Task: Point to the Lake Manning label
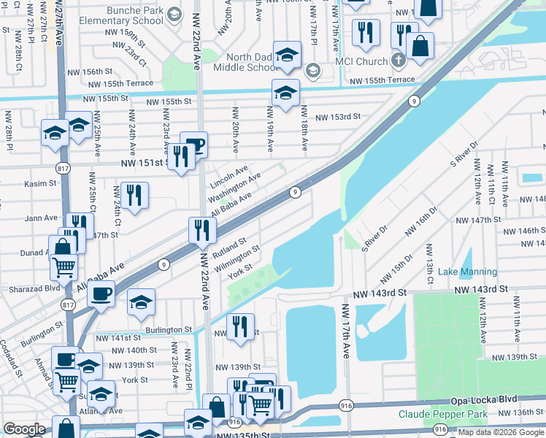[x=467, y=272]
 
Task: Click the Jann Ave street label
[x=41, y=218]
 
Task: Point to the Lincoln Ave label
[x=228, y=175]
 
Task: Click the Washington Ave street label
[x=234, y=188]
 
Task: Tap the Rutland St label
[x=229, y=246]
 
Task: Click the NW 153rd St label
[x=338, y=116]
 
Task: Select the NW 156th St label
[x=90, y=72]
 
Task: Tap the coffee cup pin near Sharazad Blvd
[x=102, y=293]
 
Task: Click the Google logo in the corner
[x=24, y=429]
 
